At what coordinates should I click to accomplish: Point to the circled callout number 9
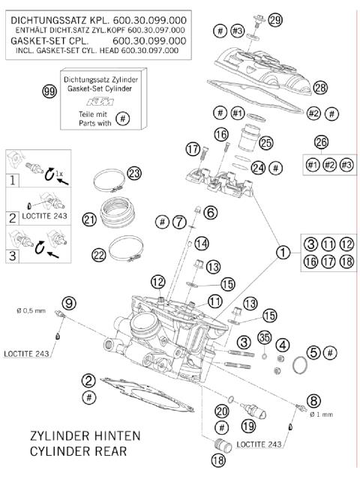pos(69,303)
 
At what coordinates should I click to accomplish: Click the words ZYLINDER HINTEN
pos(84,436)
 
